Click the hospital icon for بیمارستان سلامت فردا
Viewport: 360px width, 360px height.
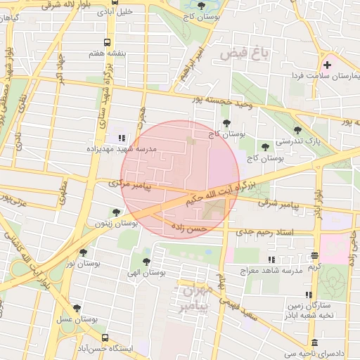(x=327, y=65)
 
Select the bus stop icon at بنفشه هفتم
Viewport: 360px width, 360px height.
(x=107, y=42)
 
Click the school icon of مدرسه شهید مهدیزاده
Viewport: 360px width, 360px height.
(x=122, y=139)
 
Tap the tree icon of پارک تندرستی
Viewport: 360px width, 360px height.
(x=297, y=130)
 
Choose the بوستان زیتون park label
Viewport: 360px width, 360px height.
(x=116, y=223)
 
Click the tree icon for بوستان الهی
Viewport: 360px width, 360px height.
(x=146, y=262)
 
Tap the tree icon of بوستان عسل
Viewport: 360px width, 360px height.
(x=77, y=308)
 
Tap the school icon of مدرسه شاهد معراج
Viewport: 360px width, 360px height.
(x=271, y=260)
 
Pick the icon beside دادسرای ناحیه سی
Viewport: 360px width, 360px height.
(x=314, y=343)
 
